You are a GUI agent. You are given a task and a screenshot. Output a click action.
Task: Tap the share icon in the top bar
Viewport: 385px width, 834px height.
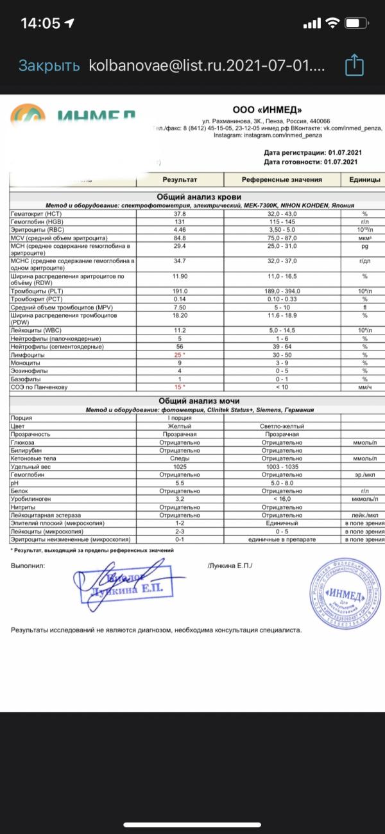[x=354, y=65]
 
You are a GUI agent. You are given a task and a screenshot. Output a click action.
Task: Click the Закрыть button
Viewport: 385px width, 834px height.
[x=49, y=65]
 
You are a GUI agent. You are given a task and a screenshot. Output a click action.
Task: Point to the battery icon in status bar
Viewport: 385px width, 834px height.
[x=355, y=23]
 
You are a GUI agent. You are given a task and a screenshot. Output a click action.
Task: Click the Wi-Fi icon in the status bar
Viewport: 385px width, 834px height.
[x=332, y=23]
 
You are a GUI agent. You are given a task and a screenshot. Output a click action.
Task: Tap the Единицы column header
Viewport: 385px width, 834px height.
[x=364, y=180]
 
